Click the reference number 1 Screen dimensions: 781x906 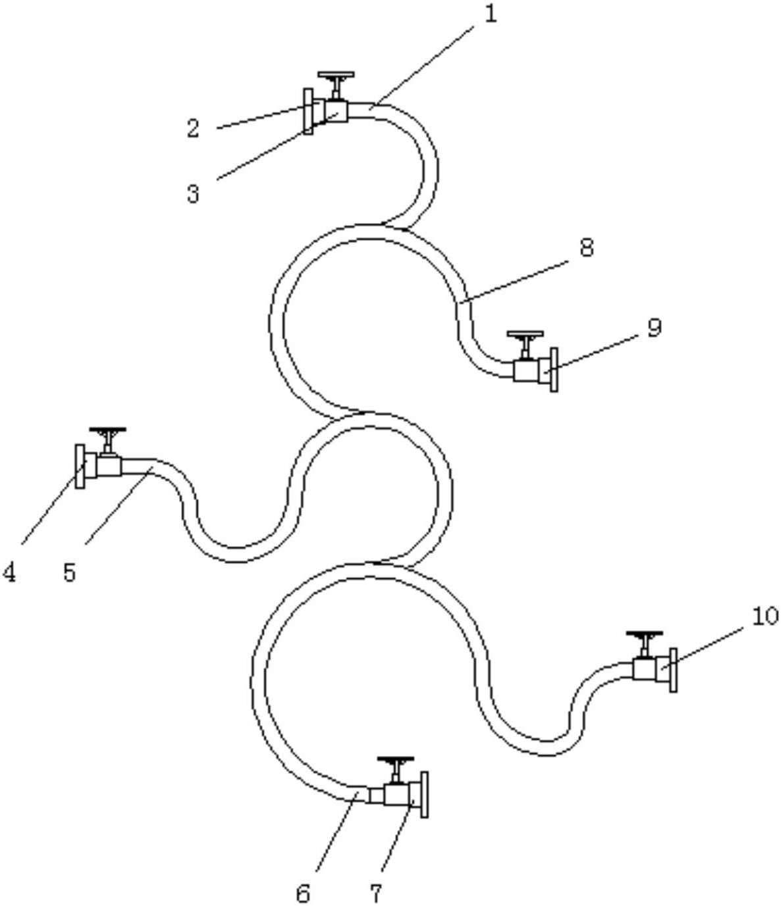coord(491,14)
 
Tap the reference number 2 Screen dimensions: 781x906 coord(193,128)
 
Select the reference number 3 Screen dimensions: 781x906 coord(193,193)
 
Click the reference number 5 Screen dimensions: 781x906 coord(69,572)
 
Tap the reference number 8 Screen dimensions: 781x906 coord(586,247)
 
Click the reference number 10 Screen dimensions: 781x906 coord(765,616)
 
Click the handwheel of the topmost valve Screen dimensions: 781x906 coord(336,74)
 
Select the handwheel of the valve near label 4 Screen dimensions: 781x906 coord(107,430)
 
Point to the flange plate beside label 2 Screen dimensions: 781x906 coord(308,111)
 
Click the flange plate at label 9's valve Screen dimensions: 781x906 coord(554,370)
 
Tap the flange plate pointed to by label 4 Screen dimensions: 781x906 coord(80,466)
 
